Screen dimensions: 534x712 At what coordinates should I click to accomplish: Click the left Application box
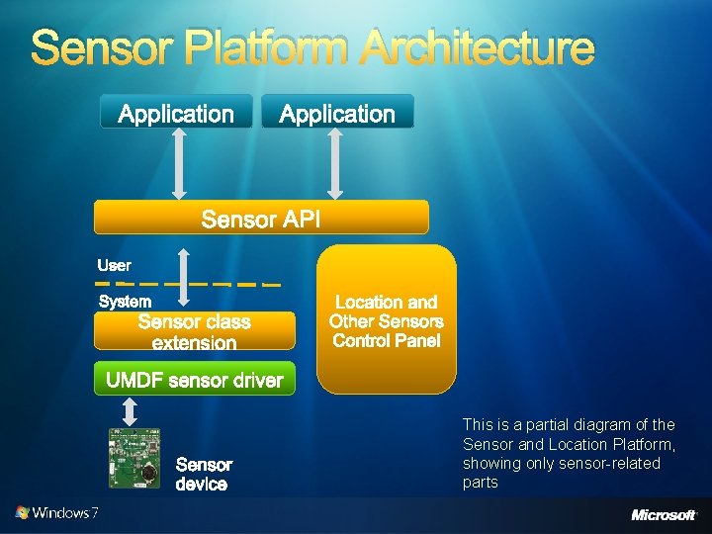click(176, 113)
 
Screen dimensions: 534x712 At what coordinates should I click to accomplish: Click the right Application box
click(337, 113)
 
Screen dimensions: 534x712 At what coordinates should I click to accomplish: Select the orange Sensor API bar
click(261, 218)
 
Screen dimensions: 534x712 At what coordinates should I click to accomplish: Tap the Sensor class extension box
click(195, 331)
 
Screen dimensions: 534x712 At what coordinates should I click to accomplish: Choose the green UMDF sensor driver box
click(195, 381)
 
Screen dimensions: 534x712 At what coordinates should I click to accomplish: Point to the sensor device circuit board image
click(133, 460)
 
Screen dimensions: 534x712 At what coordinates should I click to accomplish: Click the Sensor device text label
click(204, 474)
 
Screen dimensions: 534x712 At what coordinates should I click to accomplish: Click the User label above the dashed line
click(114, 265)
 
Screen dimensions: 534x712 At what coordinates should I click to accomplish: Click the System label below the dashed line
click(125, 301)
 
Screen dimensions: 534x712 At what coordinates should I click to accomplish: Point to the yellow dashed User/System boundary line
click(227, 284)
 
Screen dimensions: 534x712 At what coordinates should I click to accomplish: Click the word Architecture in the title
click(477, 47)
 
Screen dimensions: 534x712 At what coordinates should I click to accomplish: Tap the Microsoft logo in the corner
click(664, 514)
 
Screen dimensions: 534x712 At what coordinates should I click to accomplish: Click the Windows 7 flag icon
click(23, 513)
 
